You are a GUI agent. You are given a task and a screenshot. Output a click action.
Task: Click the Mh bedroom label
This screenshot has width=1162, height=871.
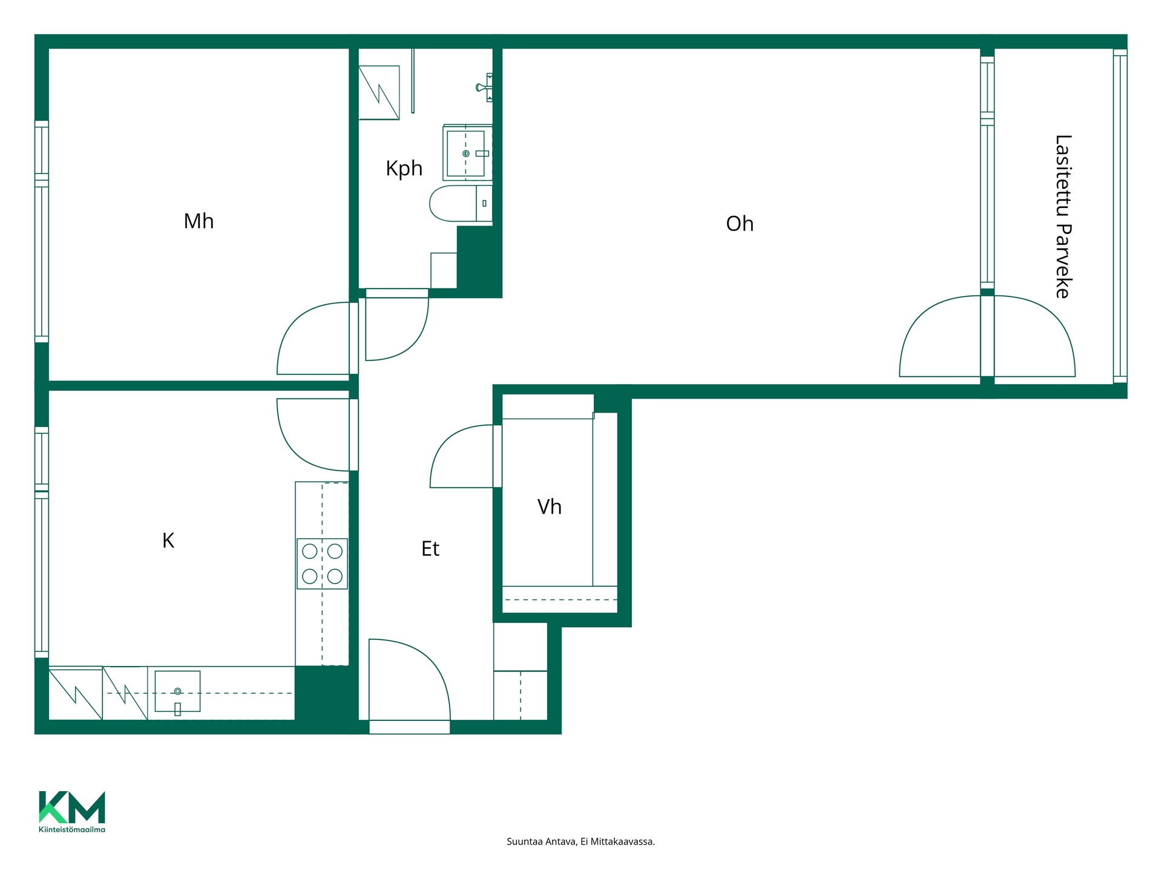coord(199,221)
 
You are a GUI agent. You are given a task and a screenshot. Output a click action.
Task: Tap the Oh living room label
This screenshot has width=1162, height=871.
coord(740,224)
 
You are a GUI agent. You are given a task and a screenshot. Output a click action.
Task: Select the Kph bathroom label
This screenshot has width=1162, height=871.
coord(404,169)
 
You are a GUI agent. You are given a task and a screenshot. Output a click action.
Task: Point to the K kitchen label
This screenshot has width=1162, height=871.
coord(168,540)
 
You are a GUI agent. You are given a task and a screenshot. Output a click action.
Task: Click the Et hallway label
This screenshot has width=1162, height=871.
coord(430,549)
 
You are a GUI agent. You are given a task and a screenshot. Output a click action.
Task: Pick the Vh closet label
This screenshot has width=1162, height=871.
coord(550,506)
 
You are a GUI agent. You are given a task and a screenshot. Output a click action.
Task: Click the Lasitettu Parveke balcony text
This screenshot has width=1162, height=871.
coord(1063,217)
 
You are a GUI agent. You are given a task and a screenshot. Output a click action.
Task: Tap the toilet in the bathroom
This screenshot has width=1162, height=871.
coord(461,204)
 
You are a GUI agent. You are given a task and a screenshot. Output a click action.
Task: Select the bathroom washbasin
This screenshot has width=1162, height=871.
coord(467,153)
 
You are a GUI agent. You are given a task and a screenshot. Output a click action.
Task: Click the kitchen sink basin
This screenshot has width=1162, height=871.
coord(177,691)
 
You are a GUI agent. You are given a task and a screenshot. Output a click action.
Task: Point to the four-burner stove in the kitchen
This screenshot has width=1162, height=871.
coord(322,564)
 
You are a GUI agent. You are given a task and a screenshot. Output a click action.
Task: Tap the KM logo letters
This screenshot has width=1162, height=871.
coord(72,807)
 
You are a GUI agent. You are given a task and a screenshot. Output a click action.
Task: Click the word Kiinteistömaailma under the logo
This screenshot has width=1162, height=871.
coord(72,829)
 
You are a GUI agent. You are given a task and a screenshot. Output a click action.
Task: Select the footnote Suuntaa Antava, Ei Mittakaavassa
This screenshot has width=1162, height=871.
coord(580,841)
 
